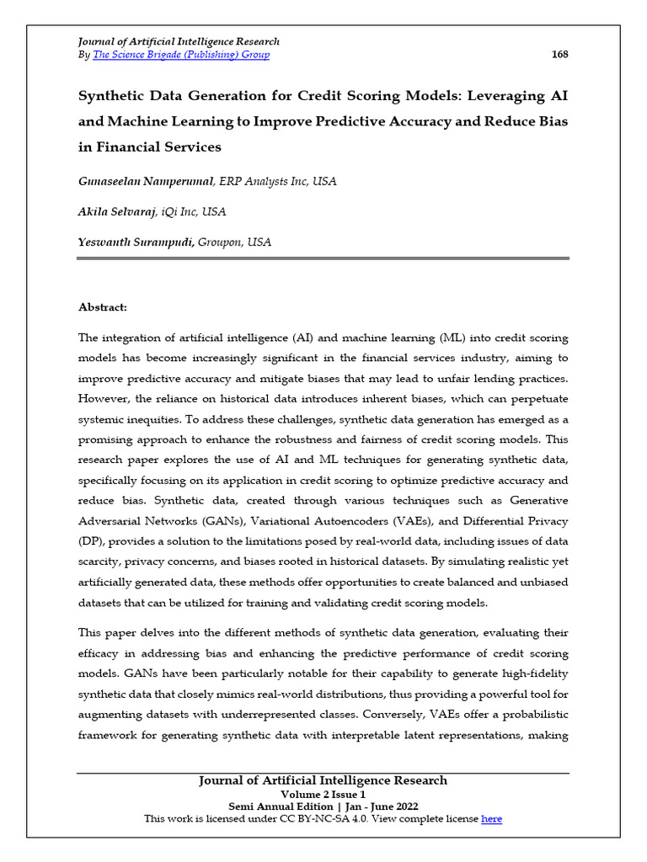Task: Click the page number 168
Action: click(x=559, y=55)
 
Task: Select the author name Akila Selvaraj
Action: click(x=116, y=211)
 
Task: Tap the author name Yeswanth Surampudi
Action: click(x=136, y=242)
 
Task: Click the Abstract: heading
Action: click(x=102, y=308)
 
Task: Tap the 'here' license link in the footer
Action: click(x=491, y=818)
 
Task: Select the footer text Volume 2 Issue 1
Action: click(x=323, y=794)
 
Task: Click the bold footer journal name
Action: click(x=323, y=780)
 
